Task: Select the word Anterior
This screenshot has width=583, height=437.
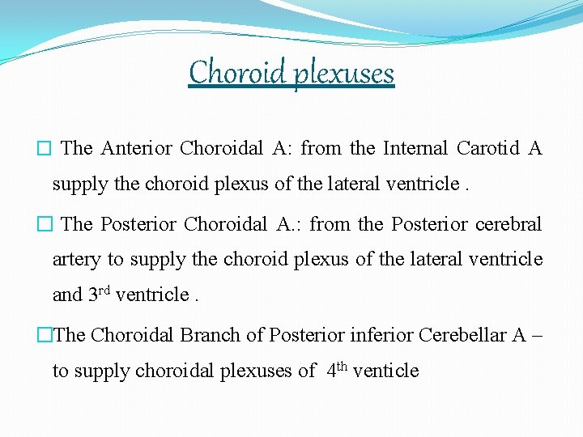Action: click(136, 148)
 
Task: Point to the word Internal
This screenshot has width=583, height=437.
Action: click(415, 148)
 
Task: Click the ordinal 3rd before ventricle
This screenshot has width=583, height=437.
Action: click(99, 294)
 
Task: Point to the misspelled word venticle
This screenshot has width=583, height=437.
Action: click(386, 371)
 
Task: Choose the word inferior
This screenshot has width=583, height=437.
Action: click(379, 334)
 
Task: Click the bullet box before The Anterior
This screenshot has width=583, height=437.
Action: click(45, 149)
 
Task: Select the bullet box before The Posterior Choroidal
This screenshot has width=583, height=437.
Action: click(45, 224)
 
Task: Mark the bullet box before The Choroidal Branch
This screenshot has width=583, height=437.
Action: click(45, 335)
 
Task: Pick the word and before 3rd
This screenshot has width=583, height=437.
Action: click(68, 295)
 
